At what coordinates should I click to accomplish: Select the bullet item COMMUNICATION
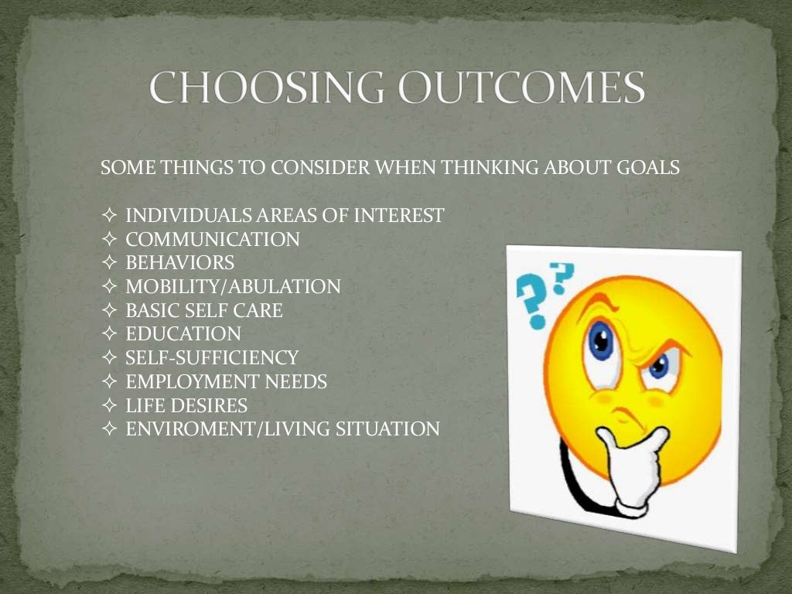pyautogui.click(x=212, y=240)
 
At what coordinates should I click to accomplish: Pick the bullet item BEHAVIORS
pyautogui.click(x=179, y=264)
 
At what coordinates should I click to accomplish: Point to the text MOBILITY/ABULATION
pyautogui.click(x=233, y=287)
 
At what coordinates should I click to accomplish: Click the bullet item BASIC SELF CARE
pyautogui.click(x=203, y=311)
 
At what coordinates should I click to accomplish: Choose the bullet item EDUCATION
pyautogui.click(x=183, y=334)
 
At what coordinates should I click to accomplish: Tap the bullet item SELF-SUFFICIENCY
pyautogui.click(x=211, y=358)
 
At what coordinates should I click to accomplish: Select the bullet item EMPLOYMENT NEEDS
pyautogui.click(x=226, y=381)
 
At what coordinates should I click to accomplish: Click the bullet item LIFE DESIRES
pyautogui.click(x=186, y=405)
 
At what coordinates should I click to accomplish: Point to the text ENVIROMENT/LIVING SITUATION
pyautogui.click(x=282, y=428)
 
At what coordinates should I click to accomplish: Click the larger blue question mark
pyautogui.click(x=533, y=302)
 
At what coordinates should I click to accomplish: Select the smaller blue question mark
pyautogui.click(x=563, y=273)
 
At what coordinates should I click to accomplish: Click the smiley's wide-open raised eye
pyautogui.click(x=600, y=343)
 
